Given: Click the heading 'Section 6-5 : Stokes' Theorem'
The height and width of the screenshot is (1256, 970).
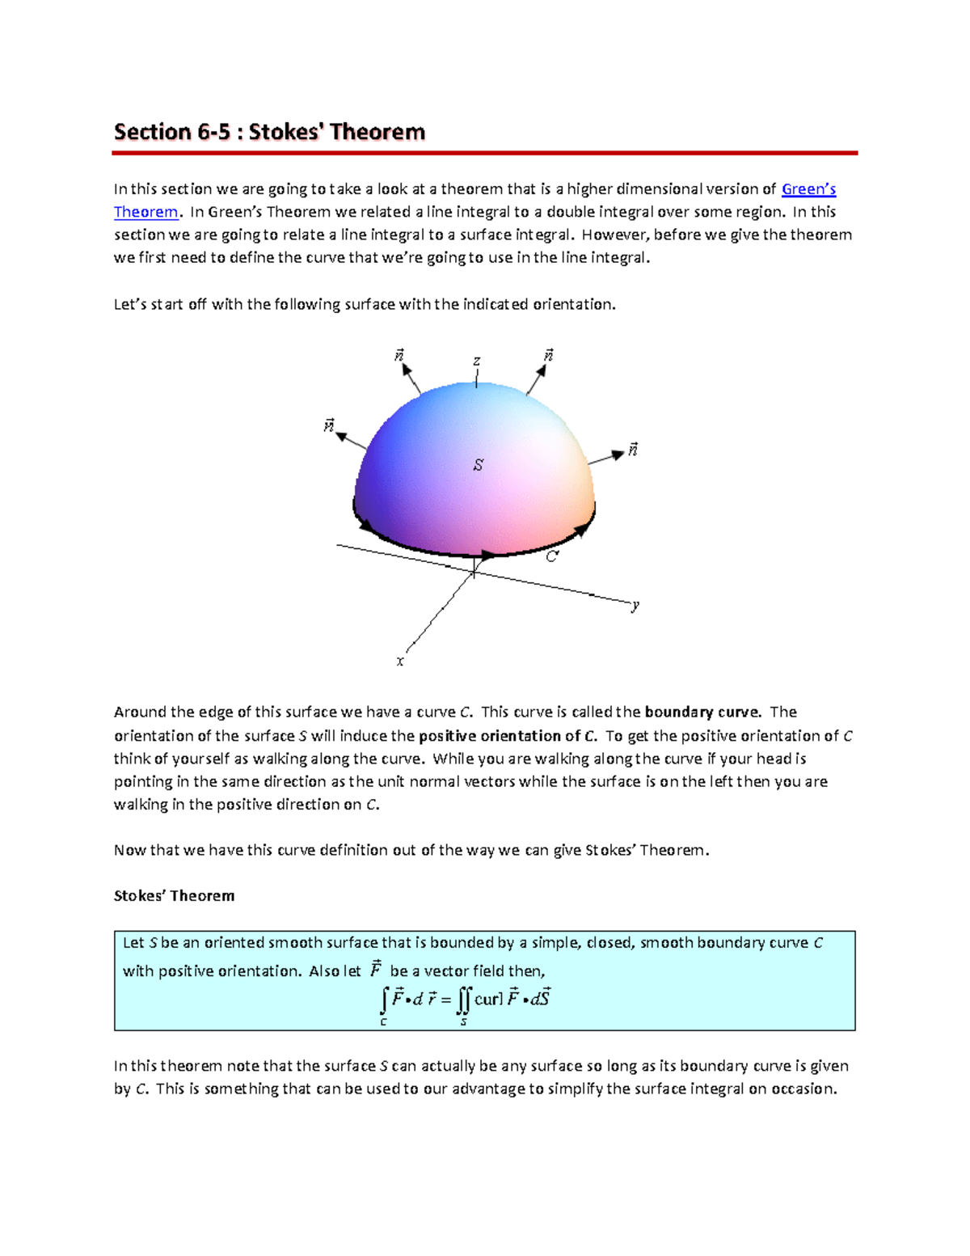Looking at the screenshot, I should (269, 132).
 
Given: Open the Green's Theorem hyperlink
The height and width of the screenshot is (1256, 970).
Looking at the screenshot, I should (808, 189).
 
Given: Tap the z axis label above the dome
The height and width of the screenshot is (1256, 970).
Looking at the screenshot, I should (477, 362).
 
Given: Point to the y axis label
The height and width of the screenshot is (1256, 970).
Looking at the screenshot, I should (635, 605).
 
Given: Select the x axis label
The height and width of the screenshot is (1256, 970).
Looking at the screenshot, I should (400, 662).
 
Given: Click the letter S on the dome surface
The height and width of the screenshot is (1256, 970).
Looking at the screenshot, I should (479, 465).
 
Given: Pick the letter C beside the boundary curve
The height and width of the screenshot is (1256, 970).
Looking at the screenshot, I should (552, 556).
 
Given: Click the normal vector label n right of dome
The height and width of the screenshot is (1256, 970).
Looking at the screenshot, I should (633, 450).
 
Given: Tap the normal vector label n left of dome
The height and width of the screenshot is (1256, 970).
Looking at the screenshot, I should (329, 425).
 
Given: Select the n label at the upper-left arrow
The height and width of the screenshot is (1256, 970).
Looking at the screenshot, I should (399, 355).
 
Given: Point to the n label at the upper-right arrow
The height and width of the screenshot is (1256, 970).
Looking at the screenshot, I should (549, 355).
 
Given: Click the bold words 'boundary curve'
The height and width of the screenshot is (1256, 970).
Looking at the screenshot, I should (702, 713).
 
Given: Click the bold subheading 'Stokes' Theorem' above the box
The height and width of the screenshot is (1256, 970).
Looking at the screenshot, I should (174, 896).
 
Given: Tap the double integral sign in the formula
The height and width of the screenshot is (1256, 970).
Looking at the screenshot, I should (462, 1000).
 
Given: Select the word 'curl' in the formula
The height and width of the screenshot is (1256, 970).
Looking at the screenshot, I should (488, 1000).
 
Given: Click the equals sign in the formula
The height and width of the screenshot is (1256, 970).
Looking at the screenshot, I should (445, 1000).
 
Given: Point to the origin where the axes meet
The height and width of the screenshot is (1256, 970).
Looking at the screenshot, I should (474, 571).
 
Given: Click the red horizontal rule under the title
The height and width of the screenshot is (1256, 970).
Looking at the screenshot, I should (484, 152).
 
